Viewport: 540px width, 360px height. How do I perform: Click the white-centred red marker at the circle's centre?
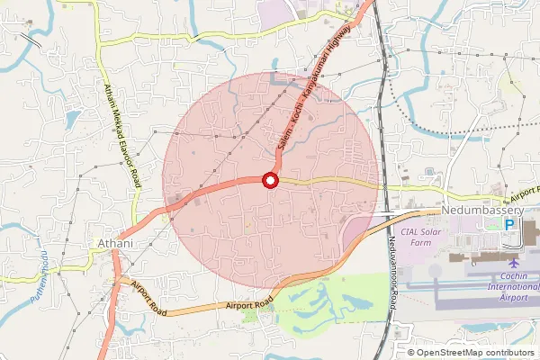pos(269,181)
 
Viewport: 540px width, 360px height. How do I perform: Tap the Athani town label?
pos(114,243)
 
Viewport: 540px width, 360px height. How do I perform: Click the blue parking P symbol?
pos(509,224)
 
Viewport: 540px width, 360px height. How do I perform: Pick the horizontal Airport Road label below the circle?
pos(250,305)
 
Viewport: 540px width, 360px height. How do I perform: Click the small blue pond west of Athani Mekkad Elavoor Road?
pos(73,118)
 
